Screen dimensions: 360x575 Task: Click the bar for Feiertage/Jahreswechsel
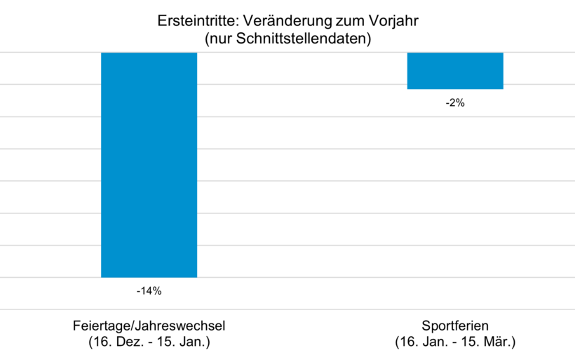tap(149, 165)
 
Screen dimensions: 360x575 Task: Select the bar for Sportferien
tap(455, 71)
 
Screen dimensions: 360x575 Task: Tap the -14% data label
tap(149, 290)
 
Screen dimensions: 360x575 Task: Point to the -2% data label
tap(455, 102)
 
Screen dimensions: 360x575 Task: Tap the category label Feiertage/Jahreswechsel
tap(149, 326)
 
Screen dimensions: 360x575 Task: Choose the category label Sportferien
tap(455, 326)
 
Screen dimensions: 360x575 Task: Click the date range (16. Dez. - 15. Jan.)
tap(149, 342)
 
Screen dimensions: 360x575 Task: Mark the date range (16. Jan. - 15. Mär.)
tap(455, 342)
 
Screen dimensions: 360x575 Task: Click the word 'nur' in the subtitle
tap(221, 39)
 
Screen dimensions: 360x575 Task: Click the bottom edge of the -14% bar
tap(149, 277)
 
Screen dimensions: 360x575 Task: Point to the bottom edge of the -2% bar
tap(455, 89)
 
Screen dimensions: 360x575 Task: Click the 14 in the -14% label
tap(147, 290)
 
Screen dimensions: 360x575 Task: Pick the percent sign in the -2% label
tap(460, 102)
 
